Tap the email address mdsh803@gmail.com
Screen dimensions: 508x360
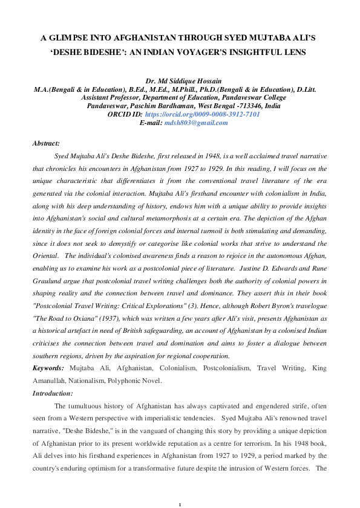click(x=195, y=123)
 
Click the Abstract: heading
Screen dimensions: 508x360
click(x=46, y=143)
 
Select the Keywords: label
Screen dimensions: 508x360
click(x=48, y=368)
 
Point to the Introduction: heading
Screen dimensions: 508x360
click(x=52, y=393)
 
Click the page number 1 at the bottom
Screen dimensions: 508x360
click(x=180, y=487)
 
